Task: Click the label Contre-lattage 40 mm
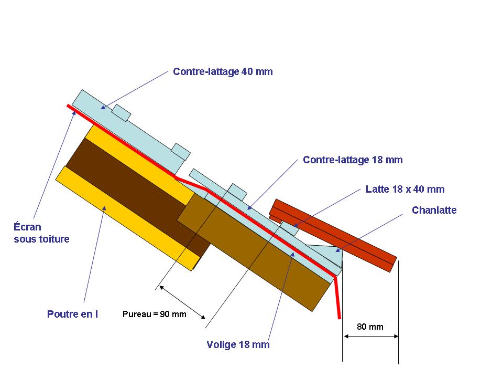click(x=223, y=71)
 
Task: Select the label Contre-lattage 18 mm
click(x=353, y=160)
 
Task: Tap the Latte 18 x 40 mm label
click(x=404, y=189)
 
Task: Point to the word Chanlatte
click(x=434, y=210)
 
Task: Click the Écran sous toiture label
click(x=41, y=233)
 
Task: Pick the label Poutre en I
click(x=72, y=314)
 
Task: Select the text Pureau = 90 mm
click(x=154, y=314)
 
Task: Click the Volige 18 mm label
click(x=238, y=344)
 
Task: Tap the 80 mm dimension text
click(x=370, y=327)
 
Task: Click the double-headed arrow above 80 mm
click(x=370, y=336)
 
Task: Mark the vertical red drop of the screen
click(x=338, y=297)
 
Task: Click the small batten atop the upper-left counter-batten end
click(x=122, y=113)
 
